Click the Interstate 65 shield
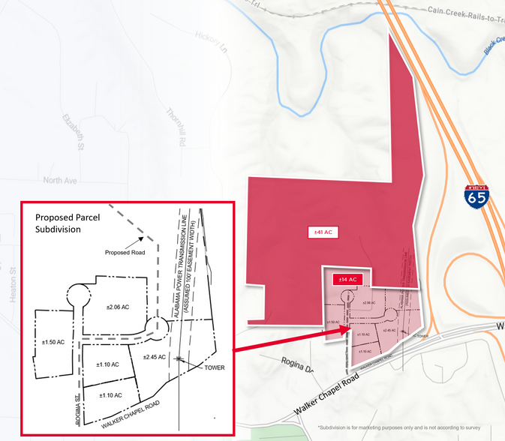coord(476,196)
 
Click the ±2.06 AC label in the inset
coord(118,307)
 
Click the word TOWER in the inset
coord(211,367)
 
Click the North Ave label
coord(60,181)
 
